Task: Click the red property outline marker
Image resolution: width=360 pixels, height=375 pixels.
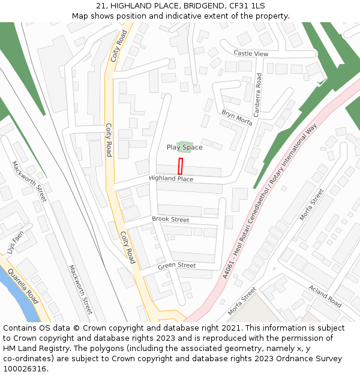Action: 180,166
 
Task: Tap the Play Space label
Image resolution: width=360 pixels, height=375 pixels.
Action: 184,148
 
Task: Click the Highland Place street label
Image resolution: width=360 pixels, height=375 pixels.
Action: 171,179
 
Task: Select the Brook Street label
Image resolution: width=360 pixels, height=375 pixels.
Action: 170,220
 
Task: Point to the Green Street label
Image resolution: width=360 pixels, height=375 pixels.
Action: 177,265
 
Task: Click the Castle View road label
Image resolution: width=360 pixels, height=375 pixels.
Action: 251,54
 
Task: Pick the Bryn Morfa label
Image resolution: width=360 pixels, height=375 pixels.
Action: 236,117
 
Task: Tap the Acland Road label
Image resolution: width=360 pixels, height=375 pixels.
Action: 325,293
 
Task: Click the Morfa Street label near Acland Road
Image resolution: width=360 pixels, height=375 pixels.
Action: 242,301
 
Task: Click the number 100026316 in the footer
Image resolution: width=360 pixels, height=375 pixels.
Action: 25,369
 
